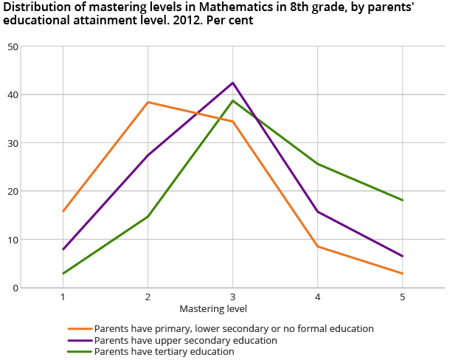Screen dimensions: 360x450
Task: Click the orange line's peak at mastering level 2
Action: tap(148, 102)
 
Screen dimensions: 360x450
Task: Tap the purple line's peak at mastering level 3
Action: tap(233, 83)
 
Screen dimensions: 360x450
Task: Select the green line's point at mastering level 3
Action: tap(233, 100)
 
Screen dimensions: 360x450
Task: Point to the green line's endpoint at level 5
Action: tap(403, 200)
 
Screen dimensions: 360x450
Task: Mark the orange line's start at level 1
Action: tap(63, 211)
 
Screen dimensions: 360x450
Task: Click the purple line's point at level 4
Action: tap(318, 212)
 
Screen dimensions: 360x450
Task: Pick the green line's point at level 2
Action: tap(148, 216)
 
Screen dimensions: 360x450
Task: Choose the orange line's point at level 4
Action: tap(318, 246)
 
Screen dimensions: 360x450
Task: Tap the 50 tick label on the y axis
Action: tap(13, 46)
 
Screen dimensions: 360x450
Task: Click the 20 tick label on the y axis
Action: tap(13, 191)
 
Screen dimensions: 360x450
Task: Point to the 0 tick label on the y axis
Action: tap(15, 288)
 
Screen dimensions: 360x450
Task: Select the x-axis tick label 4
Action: tap(318, 297)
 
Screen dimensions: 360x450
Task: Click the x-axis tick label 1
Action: tap(63, 297)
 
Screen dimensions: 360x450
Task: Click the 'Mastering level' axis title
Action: tap(213, 308)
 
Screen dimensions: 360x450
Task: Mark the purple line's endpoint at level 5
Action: tap(403, 256)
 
